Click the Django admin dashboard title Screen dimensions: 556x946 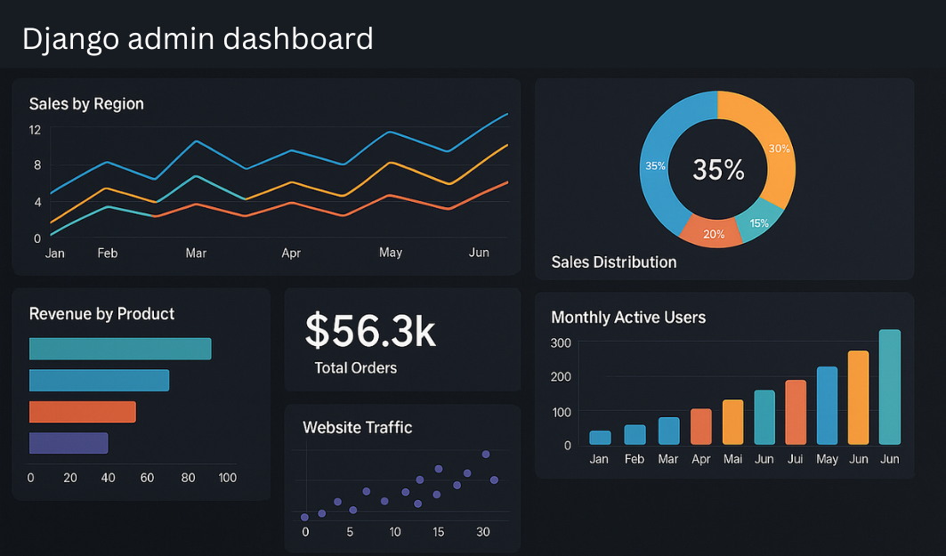tap(197, 39)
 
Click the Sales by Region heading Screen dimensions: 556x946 tap(86, 104)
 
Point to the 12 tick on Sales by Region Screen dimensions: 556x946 tap(35, 130)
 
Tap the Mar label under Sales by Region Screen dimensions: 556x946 tap(196, 254)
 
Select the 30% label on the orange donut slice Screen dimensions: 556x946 tap(779, 149)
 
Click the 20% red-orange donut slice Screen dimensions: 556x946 tap(714, 234)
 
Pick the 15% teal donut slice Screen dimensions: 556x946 tap(759, 222)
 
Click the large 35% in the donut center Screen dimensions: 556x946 tap(718, 169)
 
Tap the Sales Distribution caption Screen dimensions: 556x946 tap(613, 262)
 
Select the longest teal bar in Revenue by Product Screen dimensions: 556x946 tap(120, 349)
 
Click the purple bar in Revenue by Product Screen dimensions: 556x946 tap(69, 443)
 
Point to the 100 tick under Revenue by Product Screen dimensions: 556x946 tap(227, 478)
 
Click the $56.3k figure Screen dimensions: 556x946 tap(370, 330)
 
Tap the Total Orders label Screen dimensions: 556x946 tap(355, 368)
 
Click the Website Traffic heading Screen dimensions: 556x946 tap(357, 428)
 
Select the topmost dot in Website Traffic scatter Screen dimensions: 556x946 tap(486, 454)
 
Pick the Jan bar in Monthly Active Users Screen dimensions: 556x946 tap(600, 437)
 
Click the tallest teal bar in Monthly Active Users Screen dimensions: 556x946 tap(889, 387)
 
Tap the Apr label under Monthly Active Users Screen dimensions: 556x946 tap(700, 459)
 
